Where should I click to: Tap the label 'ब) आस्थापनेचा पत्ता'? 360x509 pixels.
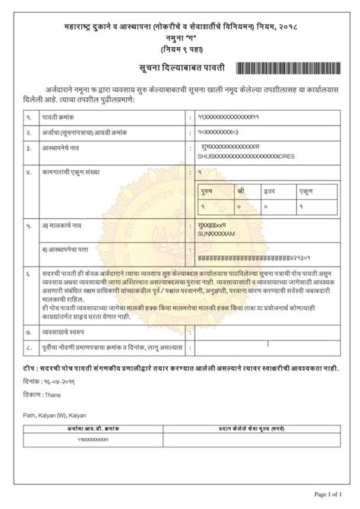pos(71,248)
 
